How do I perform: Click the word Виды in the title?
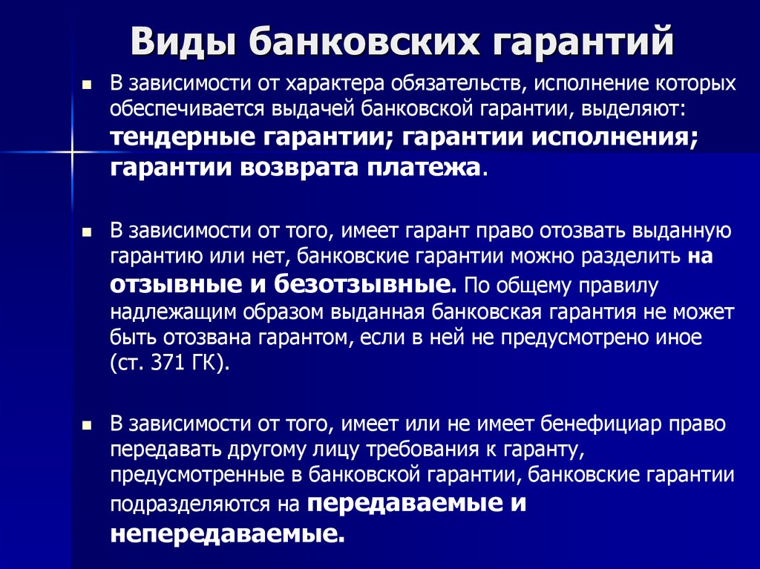pyautogui.click(x=184, y=42)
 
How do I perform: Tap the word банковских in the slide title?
pyautogui.click(x=364, y=42)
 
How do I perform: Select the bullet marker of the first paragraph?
pyautogui.click(x=87, y=86)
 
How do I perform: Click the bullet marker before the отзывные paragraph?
pyautogui.click(x=87, y=233)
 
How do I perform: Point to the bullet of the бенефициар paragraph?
pyautogui.click(x=87, y=426)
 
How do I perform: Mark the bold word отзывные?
pyautogui.click(x=176, y=285)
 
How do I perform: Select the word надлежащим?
pyautogui.click(x=173, y=313)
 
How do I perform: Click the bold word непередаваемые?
pyautogui.click(x=227, y=533)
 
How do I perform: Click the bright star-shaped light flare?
pyautogui.click(x=72, y=152)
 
